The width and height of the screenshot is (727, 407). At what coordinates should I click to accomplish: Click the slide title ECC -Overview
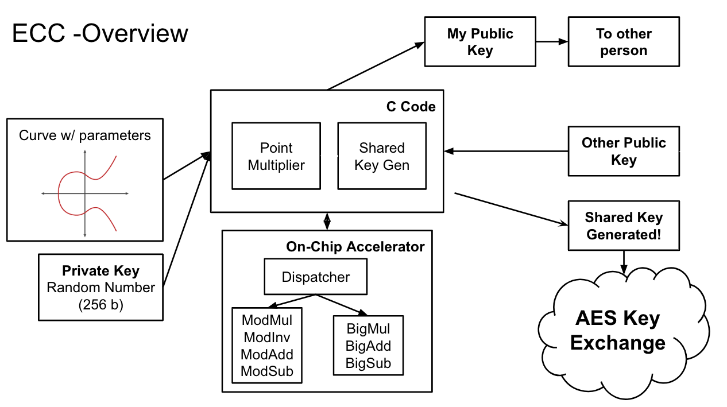(x=100, y=33)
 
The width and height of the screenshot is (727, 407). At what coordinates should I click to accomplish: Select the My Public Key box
(x=479, y=42)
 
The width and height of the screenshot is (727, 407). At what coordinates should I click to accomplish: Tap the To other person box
(x=623, y=42)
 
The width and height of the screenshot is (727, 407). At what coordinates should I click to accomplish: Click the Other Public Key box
(x=623, y=151)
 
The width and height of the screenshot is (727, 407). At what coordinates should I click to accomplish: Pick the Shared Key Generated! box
(x=623, y=226)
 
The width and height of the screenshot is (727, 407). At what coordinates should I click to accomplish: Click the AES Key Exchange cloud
(x=617, y=331)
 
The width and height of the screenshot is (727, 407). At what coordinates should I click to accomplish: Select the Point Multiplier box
(x=276, y=156)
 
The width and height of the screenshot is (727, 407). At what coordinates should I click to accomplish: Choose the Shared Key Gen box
(x=382, y=156)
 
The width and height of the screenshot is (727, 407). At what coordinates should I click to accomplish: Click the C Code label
(x=411, y=107)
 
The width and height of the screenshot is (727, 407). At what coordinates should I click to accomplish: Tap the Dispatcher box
(x=315, y=277)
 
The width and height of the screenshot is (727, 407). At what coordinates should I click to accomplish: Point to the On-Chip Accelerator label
(x=355, y=247)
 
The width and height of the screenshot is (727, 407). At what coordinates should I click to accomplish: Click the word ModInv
(x=267, y=337)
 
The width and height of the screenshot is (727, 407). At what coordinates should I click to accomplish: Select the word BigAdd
(x=368, y=346)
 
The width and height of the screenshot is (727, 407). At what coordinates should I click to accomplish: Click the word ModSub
(x=267, y=371)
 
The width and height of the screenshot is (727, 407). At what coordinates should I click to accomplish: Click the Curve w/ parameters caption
(x=85, y=135)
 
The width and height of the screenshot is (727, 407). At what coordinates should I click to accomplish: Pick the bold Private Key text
(x=100, y=271)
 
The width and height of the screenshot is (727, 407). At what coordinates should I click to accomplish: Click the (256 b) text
(x=100, y=305)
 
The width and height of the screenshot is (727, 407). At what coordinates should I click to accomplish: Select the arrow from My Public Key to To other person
(x=552, y=41)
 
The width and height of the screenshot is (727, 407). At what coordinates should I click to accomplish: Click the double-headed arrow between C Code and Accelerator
(x=327, y=220)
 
